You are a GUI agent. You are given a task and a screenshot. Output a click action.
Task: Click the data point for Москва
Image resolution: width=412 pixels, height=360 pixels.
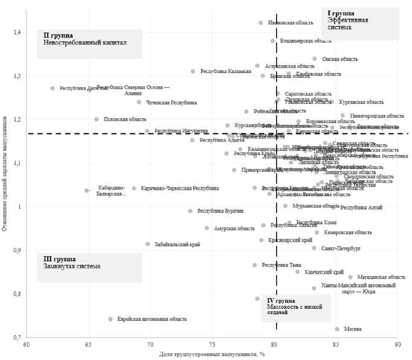pyautogui.click(x=337, y=329)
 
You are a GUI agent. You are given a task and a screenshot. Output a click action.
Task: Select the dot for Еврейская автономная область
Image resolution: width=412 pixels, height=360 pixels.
pyautogui.click(x=110, y=319)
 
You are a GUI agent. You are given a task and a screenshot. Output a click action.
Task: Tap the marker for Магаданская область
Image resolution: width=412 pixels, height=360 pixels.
pyautogui.click(x=351, y=277)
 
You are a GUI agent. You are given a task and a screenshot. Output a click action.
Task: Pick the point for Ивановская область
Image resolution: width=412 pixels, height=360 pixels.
pyautogui.click(x=261, y=23)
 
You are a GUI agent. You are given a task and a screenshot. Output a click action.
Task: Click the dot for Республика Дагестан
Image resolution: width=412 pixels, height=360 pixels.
pyautogui.click(x=52, y=88)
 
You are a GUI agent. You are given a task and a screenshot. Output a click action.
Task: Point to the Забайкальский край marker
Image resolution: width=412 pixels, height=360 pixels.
pyautogui.click(x=148, y=244)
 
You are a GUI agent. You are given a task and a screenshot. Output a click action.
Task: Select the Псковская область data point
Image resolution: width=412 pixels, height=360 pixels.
pyautogui.click(x=96, y=119)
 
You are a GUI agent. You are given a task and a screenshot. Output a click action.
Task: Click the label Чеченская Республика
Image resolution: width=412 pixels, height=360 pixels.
pyautogui.click(x=172, y=103)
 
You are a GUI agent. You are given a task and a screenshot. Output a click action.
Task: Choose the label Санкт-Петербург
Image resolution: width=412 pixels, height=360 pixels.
pyautogui.click(x=337, y=248)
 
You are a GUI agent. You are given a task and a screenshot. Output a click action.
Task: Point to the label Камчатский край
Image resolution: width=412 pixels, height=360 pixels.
pyautogui.click(x=325, y=272)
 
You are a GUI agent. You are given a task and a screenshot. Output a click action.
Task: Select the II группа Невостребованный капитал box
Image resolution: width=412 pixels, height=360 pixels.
pyautogui.click(x=89, y=44)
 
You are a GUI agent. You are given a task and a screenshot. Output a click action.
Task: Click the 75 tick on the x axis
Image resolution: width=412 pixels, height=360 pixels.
pyautogui.click(x=212, y=344)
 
